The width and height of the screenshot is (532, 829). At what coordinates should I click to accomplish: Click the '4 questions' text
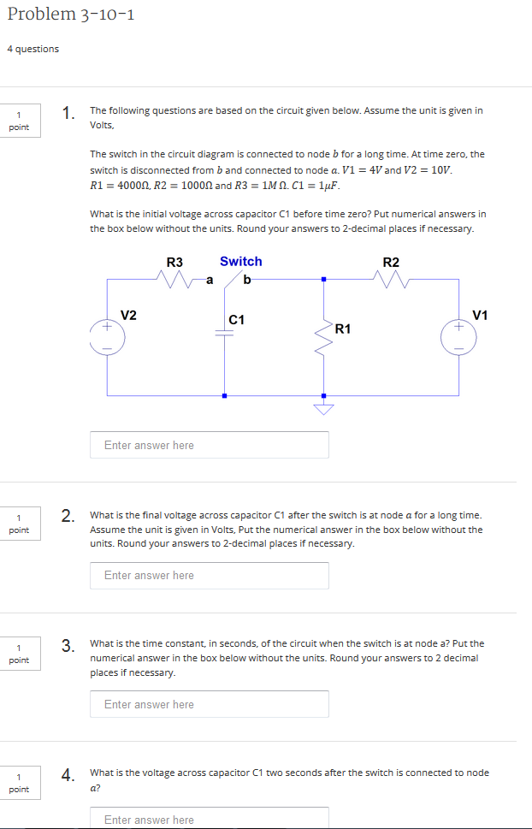[x=33, y=49]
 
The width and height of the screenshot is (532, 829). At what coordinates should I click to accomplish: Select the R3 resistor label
[x=174, y=262]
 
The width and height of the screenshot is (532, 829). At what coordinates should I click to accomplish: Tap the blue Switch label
[x=240, y=261]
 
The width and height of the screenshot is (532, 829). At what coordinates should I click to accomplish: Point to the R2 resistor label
[x=391, y=262]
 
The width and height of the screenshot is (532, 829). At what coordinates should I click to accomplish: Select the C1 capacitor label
[x=237, y=319]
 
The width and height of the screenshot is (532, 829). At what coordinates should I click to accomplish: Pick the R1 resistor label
[x=344, y=329]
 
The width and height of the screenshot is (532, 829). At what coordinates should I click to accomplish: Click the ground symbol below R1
[x=323, y=408]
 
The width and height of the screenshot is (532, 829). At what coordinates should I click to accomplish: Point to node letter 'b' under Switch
[x=247, y=279]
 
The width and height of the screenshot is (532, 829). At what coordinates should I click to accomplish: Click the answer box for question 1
[x=210, y=445]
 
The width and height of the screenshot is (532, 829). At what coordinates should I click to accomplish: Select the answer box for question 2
[x=210, y=575]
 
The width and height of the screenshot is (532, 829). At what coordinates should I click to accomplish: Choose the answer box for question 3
[x=210, y=704]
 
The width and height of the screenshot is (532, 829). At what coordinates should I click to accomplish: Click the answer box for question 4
[x=210, y=819]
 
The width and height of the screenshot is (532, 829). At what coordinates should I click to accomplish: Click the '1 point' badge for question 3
[x=19, y=654]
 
